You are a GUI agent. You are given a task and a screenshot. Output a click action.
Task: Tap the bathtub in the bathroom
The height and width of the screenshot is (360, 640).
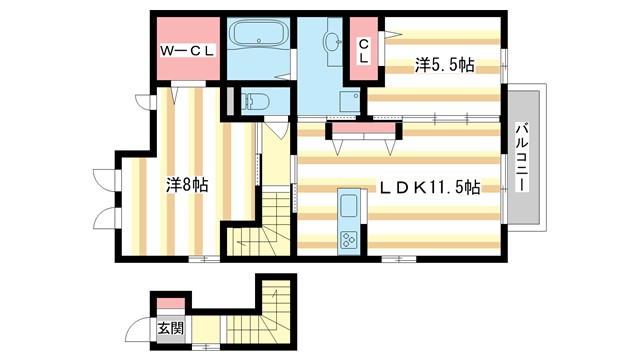click(258, 37)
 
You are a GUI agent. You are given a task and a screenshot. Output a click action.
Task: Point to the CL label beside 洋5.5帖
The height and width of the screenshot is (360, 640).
click(364, 51)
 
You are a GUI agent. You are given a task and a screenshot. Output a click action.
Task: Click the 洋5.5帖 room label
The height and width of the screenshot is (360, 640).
click(444, 66)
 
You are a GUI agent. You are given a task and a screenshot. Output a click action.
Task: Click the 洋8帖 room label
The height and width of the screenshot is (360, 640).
click(186, 185)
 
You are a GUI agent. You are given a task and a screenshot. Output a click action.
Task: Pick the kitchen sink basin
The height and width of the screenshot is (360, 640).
click(349, 208)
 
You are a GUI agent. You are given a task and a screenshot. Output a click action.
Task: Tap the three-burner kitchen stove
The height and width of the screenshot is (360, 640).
click(350, 239)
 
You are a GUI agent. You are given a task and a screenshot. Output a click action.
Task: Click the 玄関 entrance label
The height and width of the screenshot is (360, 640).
click(169, 327)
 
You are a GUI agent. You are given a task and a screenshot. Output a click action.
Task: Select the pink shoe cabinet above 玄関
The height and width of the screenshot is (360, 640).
click(170, 304)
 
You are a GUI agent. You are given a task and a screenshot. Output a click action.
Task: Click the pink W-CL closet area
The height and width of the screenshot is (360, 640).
click(185, 65)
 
